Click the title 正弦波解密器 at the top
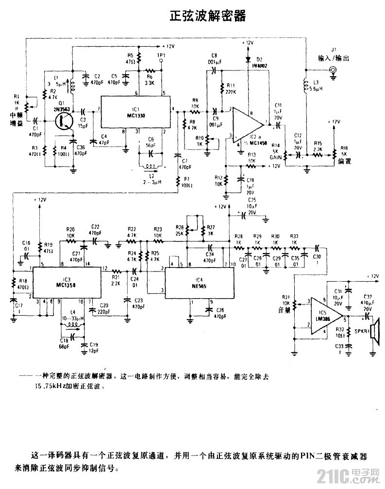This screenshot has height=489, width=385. click(207, 17)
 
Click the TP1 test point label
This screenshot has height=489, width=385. click(161, 55)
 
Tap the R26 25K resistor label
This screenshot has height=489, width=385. click(180, 230)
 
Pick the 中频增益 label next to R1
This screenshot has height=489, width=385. click(16, 118)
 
